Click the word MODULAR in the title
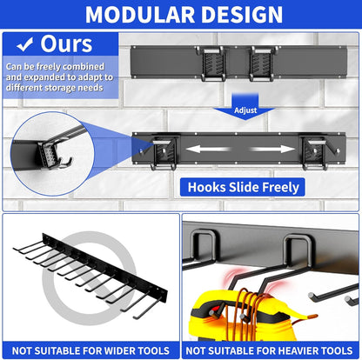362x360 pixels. pos(135,15)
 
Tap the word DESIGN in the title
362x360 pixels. pos(241,15)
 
